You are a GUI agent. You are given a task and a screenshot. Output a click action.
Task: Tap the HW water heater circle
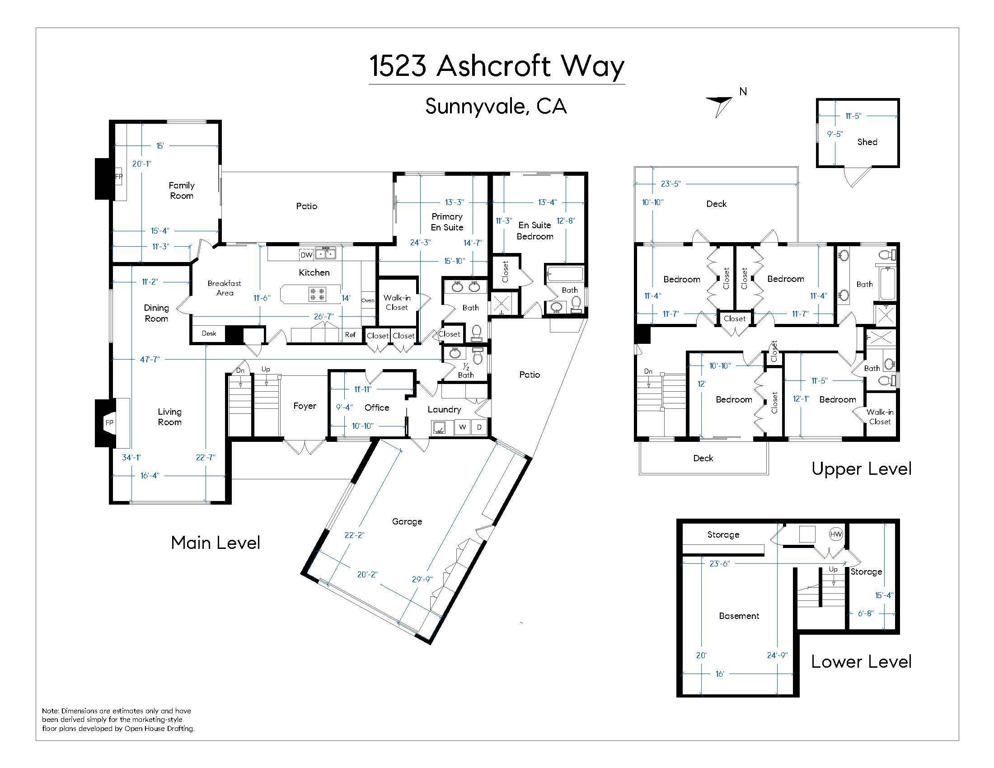coord(836,534)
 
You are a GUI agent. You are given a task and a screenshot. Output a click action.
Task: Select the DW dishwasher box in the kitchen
coord(306,255)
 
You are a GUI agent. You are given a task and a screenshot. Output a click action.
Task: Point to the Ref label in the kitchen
coord(350,335)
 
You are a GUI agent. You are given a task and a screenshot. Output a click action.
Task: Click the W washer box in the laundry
coord(462,427)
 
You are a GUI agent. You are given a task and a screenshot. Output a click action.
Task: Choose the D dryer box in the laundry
coord(479,427)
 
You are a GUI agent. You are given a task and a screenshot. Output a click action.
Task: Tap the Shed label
coord(867,142)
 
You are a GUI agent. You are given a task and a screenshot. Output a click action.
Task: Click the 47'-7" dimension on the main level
coord(150,360)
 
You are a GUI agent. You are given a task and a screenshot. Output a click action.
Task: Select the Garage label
coord(407,521)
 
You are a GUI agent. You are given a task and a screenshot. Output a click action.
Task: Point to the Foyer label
coord(305,406)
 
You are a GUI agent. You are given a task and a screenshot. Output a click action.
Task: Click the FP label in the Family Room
coord(119,177)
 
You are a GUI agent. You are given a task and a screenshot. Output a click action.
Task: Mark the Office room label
coord(377,407)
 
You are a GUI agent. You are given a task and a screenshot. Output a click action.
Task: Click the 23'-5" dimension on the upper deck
coord(671,184)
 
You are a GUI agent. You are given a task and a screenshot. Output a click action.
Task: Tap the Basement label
coord(739,616)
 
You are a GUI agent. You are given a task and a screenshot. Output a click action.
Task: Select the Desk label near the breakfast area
coord(209,333)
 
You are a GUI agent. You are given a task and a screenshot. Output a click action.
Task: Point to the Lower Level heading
coord(861,661)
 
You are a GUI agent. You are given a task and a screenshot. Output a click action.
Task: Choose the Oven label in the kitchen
coord(368,300)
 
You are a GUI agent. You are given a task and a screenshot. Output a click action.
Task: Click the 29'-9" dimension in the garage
coord(422,579)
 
